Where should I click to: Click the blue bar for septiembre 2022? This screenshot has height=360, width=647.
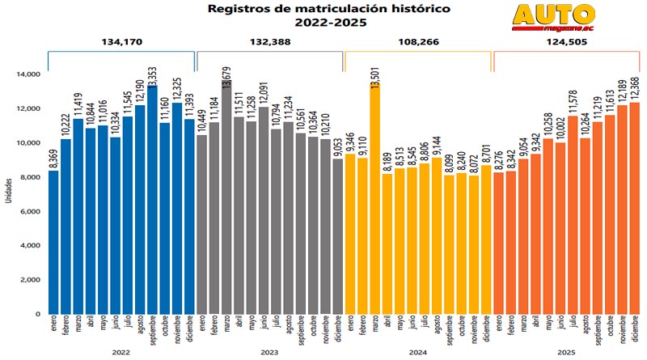point(152,202)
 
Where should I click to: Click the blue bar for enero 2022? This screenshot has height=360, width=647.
point(53,243)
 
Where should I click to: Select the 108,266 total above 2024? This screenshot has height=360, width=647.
point(417,42)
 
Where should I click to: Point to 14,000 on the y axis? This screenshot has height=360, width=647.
point(27,74)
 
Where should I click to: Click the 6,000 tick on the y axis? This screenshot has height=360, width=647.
point(30,211)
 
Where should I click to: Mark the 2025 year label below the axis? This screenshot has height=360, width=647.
point(566,351)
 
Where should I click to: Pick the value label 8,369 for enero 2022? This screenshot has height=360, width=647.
point(53,155)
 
